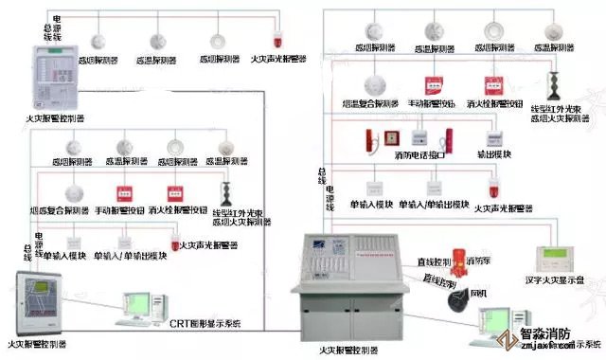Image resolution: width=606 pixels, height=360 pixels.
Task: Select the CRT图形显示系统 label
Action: tap(205, 323)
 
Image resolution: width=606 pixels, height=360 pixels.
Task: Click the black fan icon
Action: tap(462, 298)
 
